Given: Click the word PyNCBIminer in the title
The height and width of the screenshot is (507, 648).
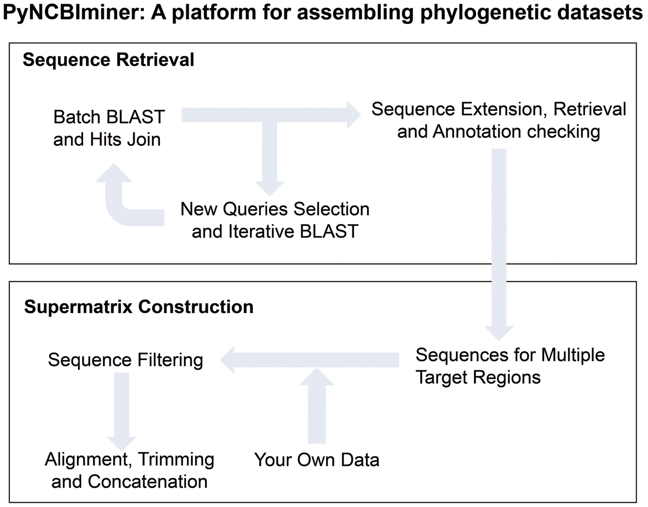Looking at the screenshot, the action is [x=74, y=13].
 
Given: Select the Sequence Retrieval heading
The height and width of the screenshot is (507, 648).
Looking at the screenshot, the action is [x=108, y=60].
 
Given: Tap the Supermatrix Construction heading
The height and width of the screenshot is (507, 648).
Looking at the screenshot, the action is [x=139, y=307].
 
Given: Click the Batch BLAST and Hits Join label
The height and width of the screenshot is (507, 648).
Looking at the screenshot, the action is [x=109, y=128].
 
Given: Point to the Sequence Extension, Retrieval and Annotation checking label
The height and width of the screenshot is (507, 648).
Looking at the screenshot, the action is [x=499, y=120].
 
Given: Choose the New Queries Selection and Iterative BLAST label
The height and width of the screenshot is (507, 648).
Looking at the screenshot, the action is [x=275, y=220].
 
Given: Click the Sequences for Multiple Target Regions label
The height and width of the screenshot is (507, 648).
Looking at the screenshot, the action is [x=510, y=366].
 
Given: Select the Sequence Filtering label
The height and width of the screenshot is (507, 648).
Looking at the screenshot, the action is [x=126, y=360].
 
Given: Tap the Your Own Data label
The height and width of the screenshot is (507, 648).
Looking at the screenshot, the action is [x=317, y=460].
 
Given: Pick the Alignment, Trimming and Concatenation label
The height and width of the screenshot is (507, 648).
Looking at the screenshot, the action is [x=130, y=470].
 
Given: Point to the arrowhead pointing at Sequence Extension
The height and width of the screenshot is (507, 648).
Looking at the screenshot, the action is [x=354, y=115].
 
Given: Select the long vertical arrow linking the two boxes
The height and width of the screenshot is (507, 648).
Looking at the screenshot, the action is [x=499, y=245].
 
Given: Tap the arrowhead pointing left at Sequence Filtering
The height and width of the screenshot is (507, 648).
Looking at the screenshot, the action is [x=227, y=360].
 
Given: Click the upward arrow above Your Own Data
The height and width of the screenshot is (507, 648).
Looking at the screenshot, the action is [x=317, y=406].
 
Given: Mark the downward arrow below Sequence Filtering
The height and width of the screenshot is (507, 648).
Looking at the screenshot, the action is [x=122, y=412].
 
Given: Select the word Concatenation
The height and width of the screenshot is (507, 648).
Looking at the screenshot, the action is [x=148, y=482].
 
